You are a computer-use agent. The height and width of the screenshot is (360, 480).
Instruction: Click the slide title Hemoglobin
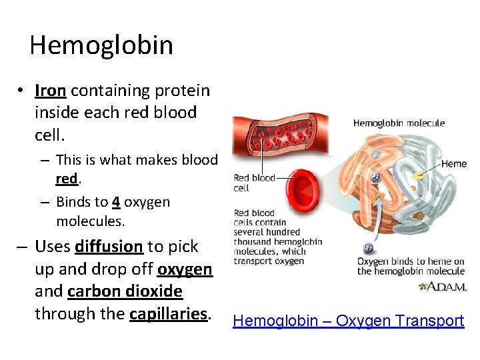[x=101, y=45]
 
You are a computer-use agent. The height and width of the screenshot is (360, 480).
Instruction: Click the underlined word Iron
[x=50, y=91]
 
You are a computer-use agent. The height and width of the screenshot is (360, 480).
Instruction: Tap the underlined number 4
[x=115, y=202]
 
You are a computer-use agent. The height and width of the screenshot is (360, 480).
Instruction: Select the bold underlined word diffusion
[x=109, y=247]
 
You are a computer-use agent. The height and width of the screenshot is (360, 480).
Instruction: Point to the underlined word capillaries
[x=170, y=313]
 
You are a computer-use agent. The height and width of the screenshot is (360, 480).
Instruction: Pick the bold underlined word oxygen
[x=185, y=269]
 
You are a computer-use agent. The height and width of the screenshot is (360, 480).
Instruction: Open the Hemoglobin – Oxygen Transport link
[x=347, y=321]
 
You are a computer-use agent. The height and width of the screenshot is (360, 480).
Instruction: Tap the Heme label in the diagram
[x=453, y=164]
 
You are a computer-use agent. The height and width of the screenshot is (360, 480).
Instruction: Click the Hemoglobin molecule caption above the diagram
[x=399, y=123]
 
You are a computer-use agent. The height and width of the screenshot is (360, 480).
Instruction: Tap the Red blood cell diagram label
[x=254, y=183]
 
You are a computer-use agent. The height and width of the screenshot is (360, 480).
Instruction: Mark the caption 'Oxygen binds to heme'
[x=410, y=266]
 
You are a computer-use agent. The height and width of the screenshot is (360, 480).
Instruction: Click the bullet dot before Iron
[x=22, y=91]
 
